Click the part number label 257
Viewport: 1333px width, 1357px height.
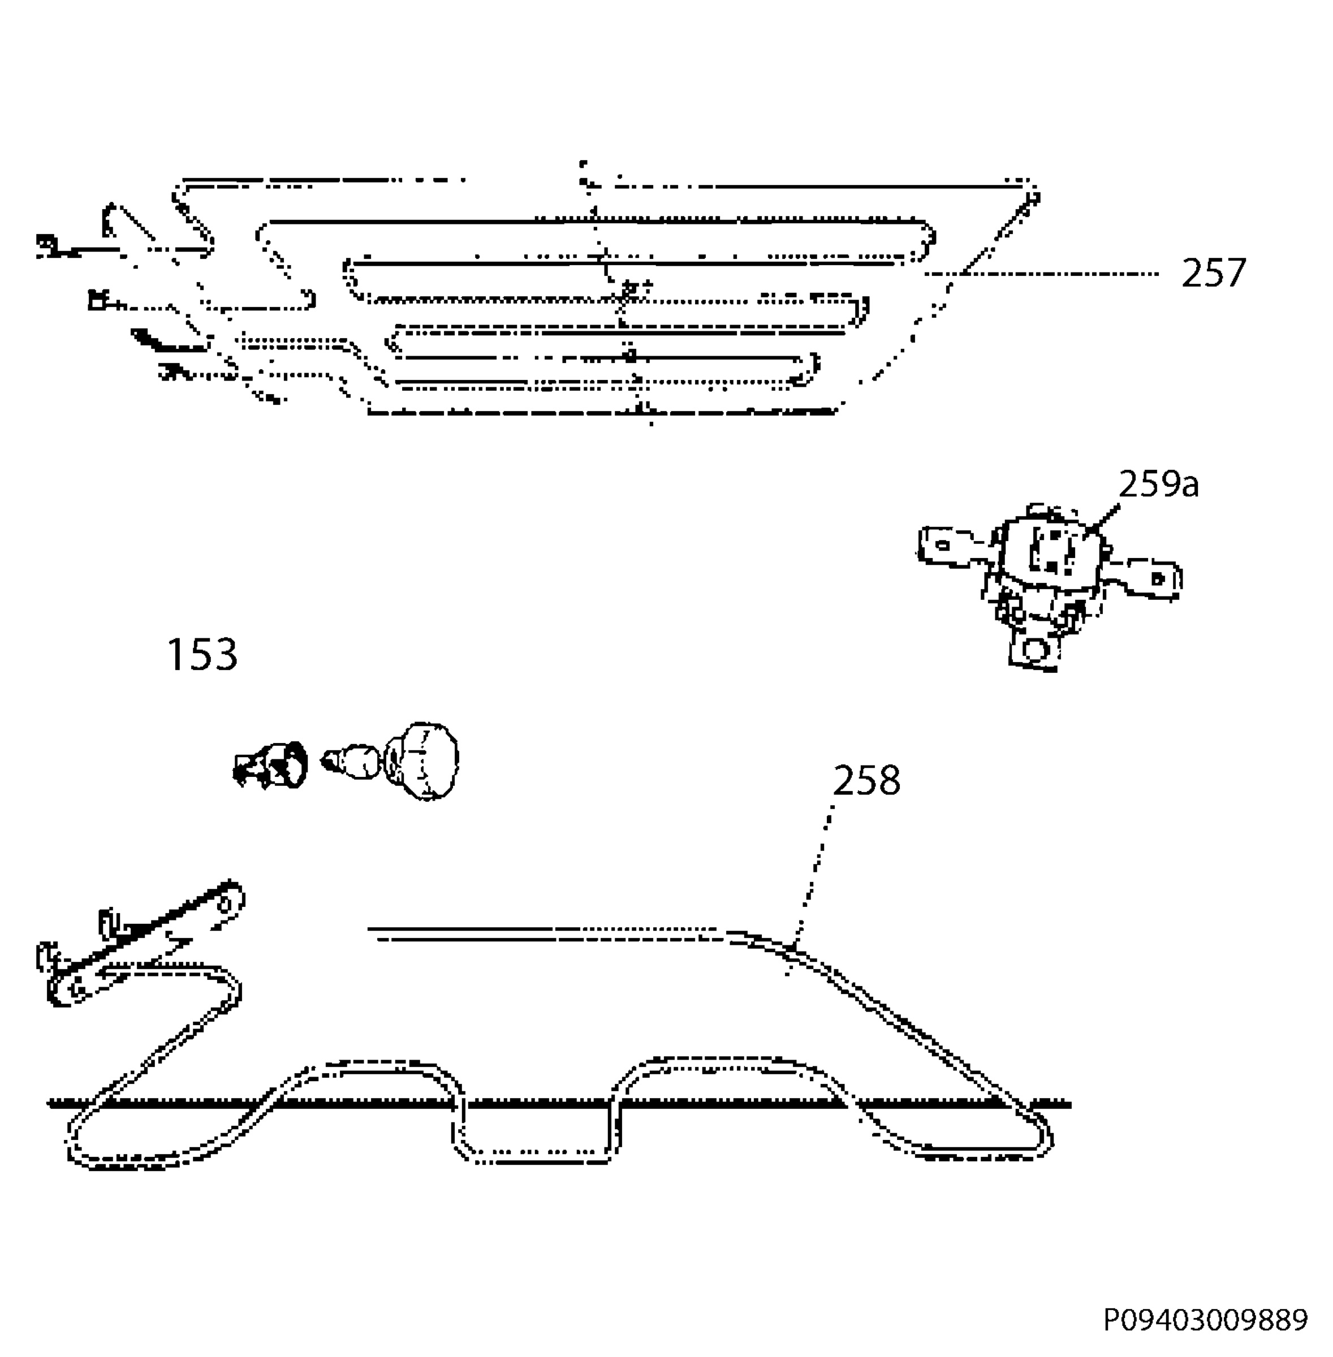(x=1213, y=273)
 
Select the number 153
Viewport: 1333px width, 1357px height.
(x=202, y=654)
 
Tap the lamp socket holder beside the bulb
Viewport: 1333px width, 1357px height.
(x=270, y=765)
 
